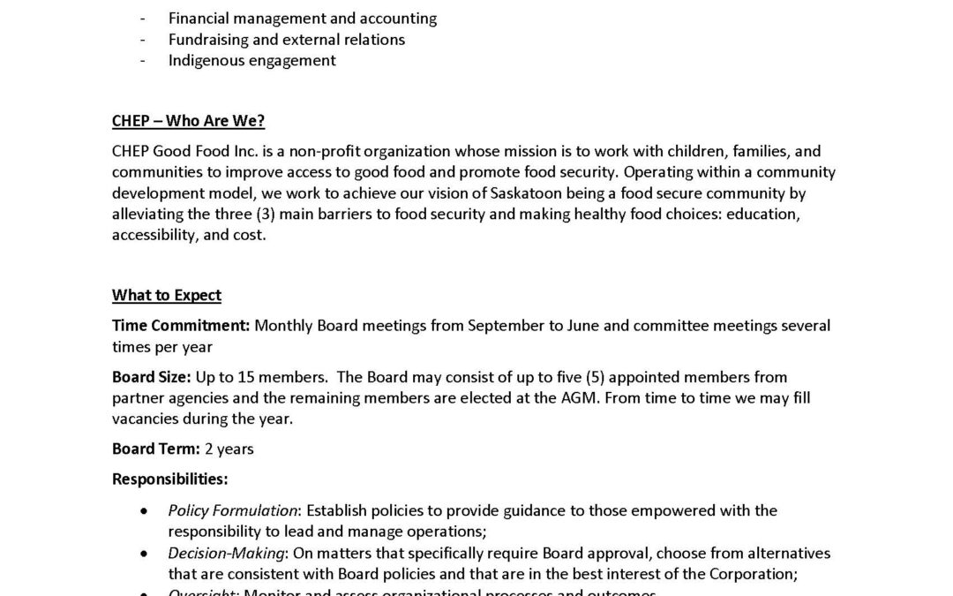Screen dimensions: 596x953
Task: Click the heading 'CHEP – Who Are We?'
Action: point(188,121)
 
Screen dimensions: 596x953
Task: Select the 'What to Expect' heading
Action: point(167,295)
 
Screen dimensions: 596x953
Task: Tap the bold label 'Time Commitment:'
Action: point(181,326)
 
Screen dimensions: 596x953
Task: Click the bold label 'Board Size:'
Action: point(152,377)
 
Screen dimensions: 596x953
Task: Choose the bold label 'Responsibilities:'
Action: point(169,479)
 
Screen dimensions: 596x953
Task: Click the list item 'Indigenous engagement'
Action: point(252,61)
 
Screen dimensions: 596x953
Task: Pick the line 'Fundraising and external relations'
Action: point(287,40)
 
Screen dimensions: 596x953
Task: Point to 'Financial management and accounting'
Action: point(303,19)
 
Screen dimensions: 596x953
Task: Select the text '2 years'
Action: point(229,449)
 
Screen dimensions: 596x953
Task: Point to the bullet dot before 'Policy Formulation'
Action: point(145,511)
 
